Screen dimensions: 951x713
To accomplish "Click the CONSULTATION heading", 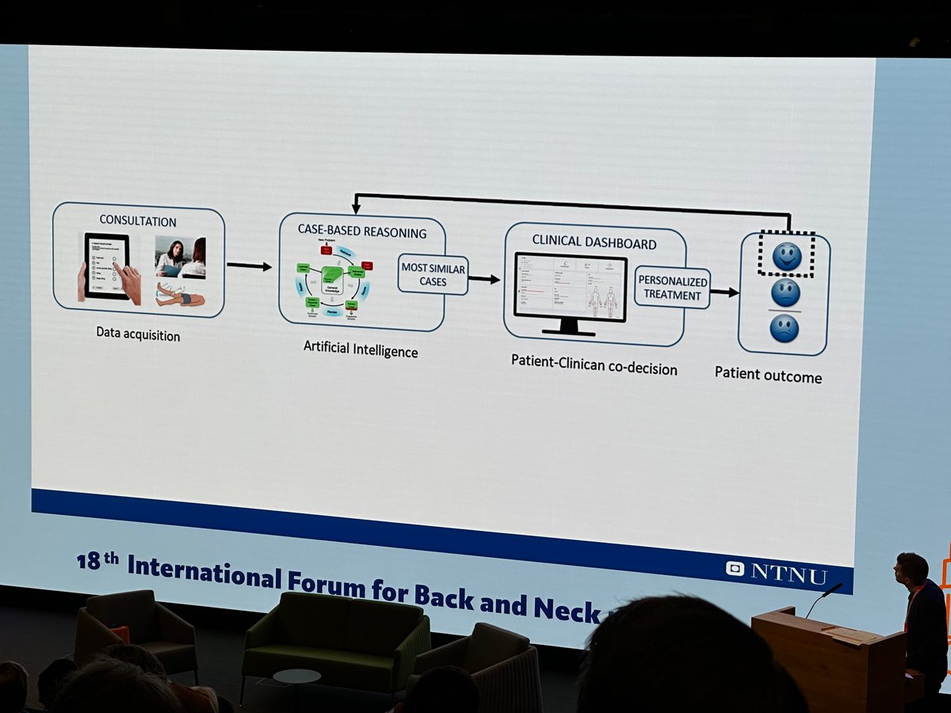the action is point(138,221).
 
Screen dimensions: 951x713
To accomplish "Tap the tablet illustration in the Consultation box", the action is point(108,266).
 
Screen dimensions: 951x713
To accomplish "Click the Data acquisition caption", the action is point(138,335).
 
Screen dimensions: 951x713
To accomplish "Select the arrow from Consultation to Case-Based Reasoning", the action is point(249,266).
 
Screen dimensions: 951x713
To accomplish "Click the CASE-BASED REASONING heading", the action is point(361,233).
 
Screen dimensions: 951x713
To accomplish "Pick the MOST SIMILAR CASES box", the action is point(433,274).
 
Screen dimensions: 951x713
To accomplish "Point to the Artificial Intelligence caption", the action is point(361,349).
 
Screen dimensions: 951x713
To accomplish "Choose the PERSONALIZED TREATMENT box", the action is point(672,288).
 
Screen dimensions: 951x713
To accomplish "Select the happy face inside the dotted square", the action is point(786,256).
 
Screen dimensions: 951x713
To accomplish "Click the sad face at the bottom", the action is point(784,328).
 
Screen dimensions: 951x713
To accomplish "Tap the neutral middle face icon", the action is point(785,292).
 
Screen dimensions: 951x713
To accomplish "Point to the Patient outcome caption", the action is point(768,375).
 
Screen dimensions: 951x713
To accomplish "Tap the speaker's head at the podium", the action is point(911,569).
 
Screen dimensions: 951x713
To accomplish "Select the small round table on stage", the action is point(296,678).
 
